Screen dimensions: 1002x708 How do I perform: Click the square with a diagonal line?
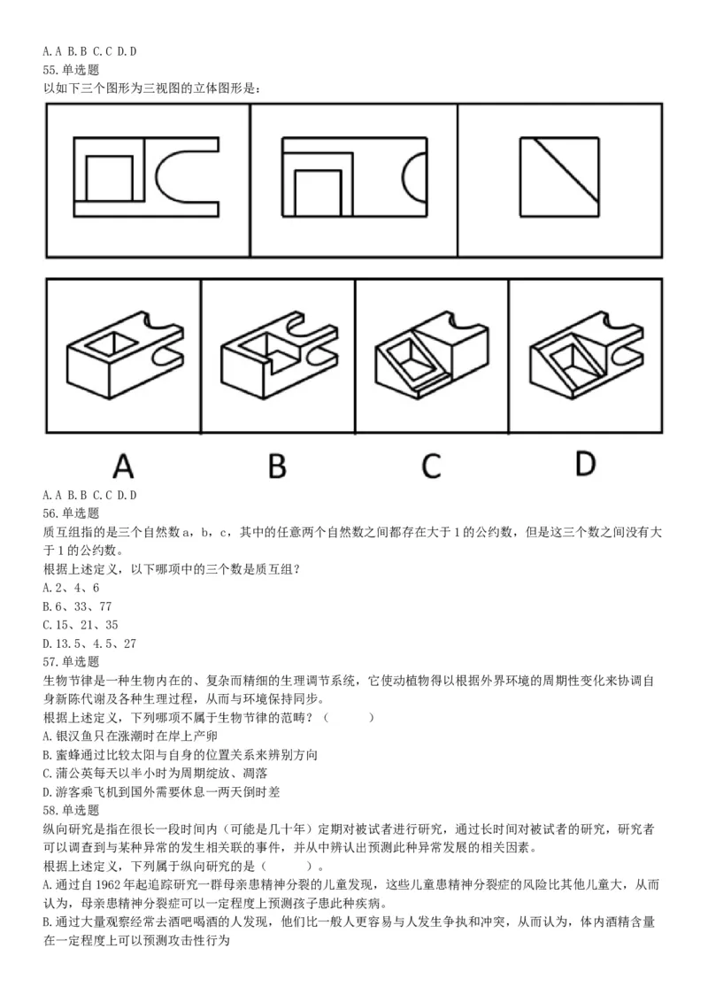[558, 176]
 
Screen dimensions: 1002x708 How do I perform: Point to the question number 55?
[50, 69]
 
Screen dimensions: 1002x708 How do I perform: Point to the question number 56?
[50, 513]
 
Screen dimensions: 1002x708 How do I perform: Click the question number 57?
[50, 661]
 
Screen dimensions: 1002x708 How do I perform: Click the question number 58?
[50, 810]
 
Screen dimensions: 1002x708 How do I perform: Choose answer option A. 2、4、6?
[71, 587]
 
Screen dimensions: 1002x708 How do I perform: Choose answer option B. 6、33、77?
[78, 605]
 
